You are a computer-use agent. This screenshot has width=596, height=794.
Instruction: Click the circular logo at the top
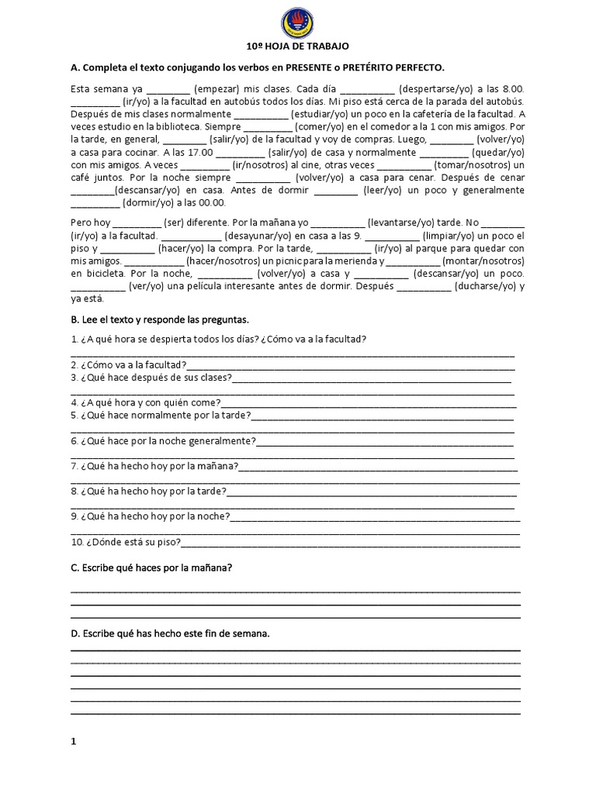(x=297, y=22)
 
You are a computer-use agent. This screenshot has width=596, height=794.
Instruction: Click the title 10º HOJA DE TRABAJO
(x=297, y=47)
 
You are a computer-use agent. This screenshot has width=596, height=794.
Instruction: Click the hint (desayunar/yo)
(x=262, y=235)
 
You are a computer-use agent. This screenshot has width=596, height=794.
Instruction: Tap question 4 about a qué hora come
(x=146, y=403)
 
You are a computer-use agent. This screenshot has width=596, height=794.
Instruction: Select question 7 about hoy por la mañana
(x=154, y=466)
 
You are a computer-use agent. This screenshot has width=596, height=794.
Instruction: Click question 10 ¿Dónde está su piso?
(x=126, y=541)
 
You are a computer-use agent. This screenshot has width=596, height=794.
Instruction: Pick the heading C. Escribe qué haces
(x=151, y=568)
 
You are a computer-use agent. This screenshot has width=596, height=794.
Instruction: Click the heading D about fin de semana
(x=170, y=633)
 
